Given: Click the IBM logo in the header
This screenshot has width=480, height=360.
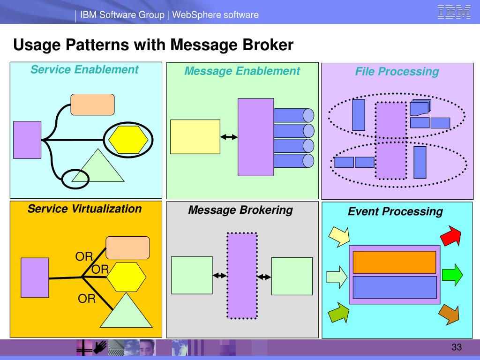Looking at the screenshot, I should click(x=454, y=12).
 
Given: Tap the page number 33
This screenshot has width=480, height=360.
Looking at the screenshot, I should click(x=457, y=347).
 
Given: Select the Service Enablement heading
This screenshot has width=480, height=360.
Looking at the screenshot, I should click(x=84, y=70).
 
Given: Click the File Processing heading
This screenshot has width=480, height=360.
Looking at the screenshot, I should click(x=397, y=72).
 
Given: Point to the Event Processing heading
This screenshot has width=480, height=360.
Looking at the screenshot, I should click(x=395, y=211).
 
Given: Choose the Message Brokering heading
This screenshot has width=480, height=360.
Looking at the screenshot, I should click(x=240, y=210).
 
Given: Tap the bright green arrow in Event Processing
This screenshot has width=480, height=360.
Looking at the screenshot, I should click(x=452, y=274).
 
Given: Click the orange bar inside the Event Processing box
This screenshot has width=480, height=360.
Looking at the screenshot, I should click(x=394, y=262).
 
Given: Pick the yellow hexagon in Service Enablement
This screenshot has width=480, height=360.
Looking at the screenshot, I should click(x=128, y=140).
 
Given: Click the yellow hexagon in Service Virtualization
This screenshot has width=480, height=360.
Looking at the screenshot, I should click(x=127, y=277).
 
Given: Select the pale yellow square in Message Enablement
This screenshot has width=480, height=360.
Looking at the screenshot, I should click(x=195, y=137).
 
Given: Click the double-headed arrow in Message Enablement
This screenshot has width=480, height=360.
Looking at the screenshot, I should click(x=229, y=137).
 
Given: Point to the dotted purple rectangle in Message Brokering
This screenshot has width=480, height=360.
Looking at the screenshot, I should click(x=242, y=276).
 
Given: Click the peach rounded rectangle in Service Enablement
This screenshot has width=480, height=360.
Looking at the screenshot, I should click(x=92, y=105).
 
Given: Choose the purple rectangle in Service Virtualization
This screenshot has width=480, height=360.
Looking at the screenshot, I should click(x=34, y=277).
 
